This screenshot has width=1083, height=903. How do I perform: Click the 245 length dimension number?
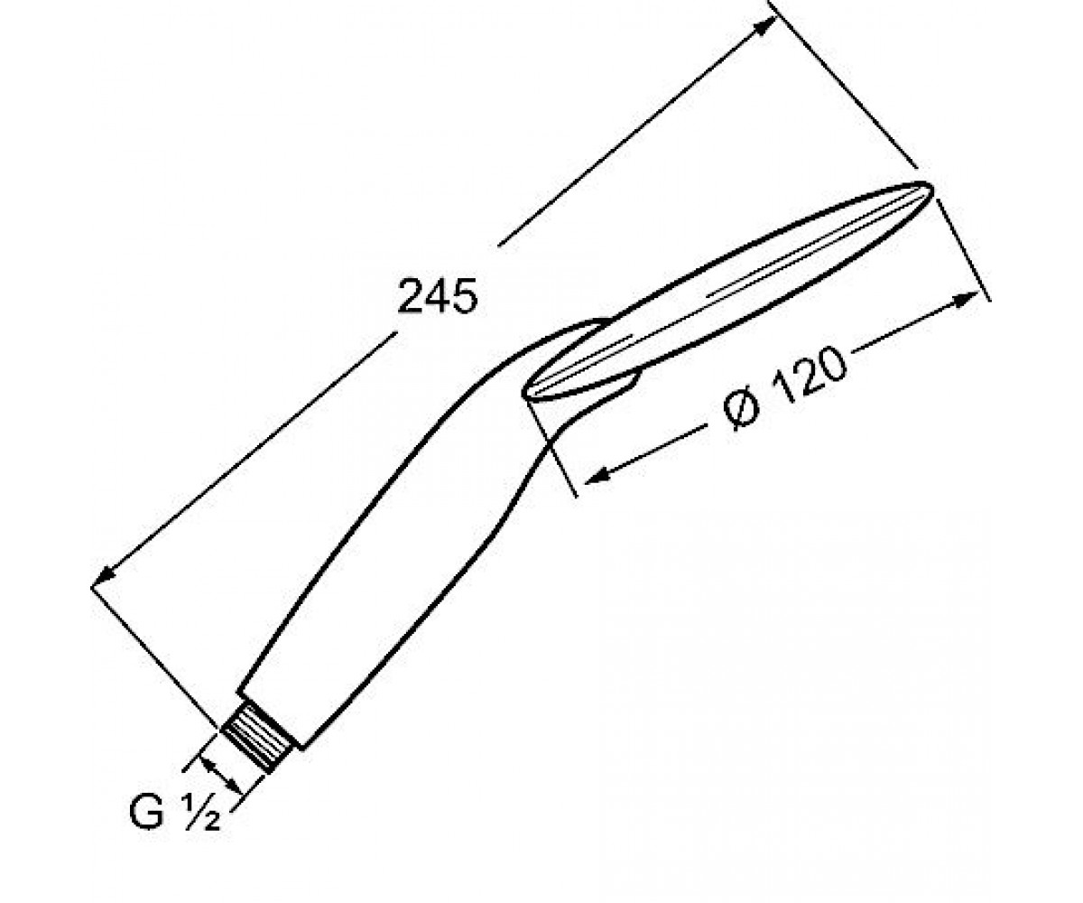pyautogui.click(x=437, y=296)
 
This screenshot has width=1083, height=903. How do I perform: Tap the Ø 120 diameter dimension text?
pyautogui.click(x=784, y=388)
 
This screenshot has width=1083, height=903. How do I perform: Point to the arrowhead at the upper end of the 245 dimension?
pyautogui.click(x=765, y=26)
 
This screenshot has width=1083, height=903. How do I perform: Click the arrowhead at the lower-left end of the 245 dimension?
pyautogui.click(x=105, y=573)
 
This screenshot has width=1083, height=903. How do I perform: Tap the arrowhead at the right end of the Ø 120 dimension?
pyautogui.click(x=966, y=300)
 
